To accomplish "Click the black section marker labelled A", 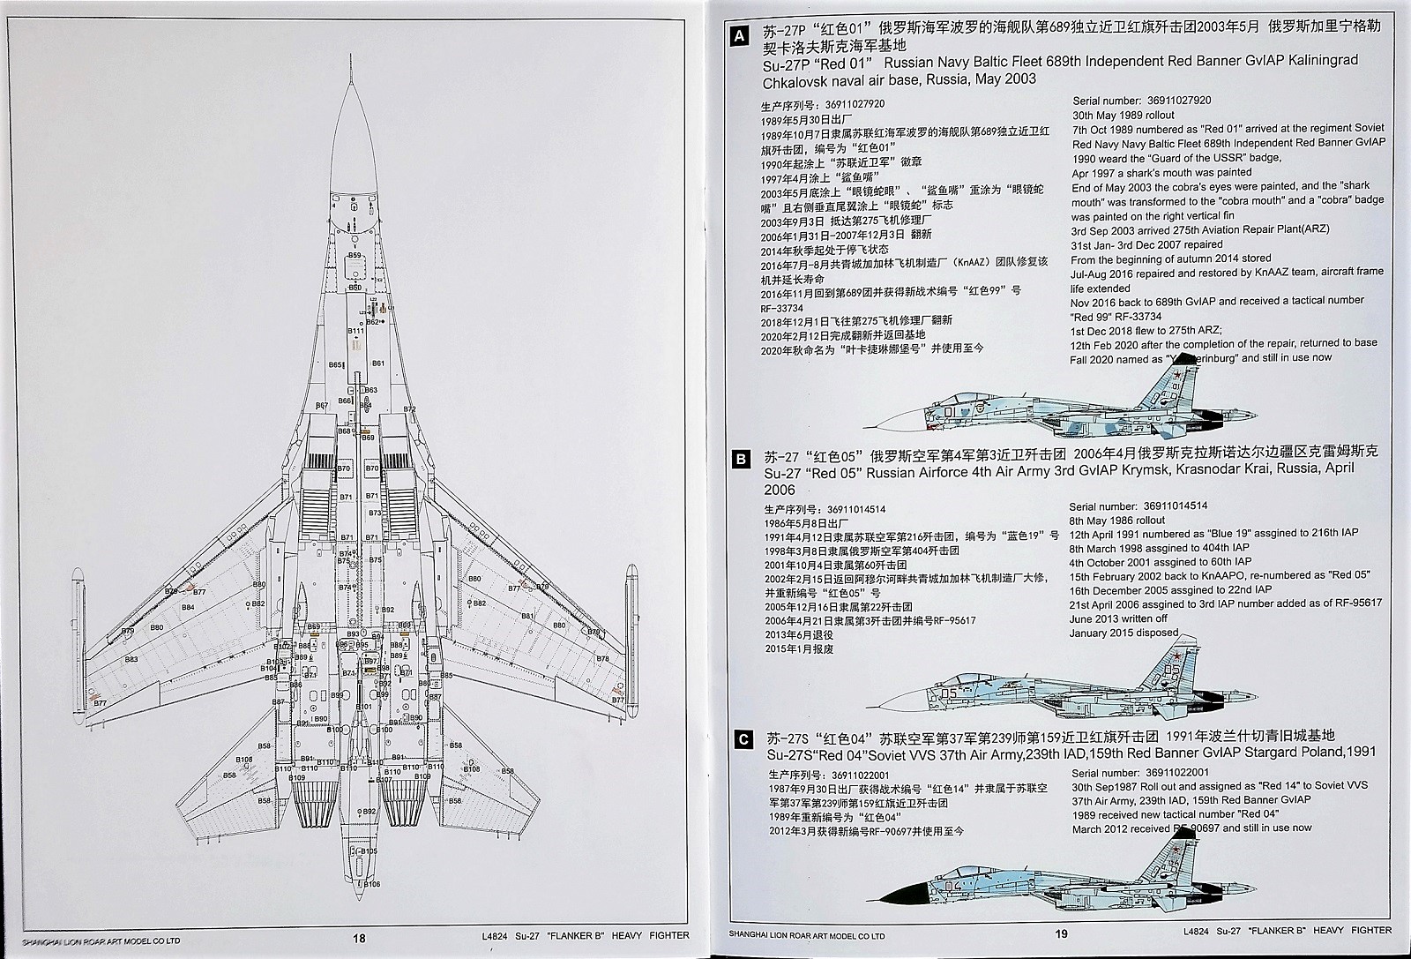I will (x=742, y=36).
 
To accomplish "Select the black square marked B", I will (x=742, y=459).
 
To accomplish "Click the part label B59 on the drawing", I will (x=355, y=255).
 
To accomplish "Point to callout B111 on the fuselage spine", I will (x=355, y=331).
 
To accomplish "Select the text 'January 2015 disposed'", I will (x=1124, y=633).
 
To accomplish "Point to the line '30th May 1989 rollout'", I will (x=1124, y=116).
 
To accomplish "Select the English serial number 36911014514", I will (x=1171, y=506).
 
